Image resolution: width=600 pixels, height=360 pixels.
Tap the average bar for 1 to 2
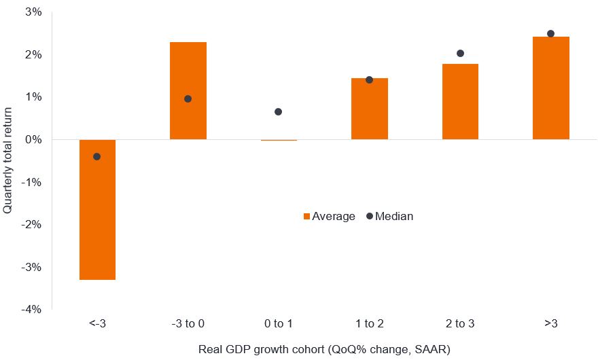tap(369, 109)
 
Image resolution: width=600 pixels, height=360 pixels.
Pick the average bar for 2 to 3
tap(460, 101)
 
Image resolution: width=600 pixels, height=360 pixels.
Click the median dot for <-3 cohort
tap(96, 157)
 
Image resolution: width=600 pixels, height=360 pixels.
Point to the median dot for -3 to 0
tap(188, 99)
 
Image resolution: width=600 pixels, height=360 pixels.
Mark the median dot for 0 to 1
tap(278, 112)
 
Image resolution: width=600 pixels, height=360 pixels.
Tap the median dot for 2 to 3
tap(460, 54)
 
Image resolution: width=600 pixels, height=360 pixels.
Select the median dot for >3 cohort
tap(550, 34)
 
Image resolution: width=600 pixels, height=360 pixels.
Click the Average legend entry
tap(329, 217)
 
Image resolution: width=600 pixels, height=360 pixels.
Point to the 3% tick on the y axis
tap(33, 12)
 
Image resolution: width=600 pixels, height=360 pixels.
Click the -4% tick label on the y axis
tap(31, 310)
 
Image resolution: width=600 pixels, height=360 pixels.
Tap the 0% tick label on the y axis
tap(33, 139)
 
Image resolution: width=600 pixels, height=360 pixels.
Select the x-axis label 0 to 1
tap(278, 324)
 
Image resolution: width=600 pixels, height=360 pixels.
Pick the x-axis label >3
tap(550, 324)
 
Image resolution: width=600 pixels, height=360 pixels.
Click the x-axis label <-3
tap(97, 324)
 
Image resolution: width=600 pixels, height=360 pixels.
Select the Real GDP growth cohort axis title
tap(324, 349)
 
